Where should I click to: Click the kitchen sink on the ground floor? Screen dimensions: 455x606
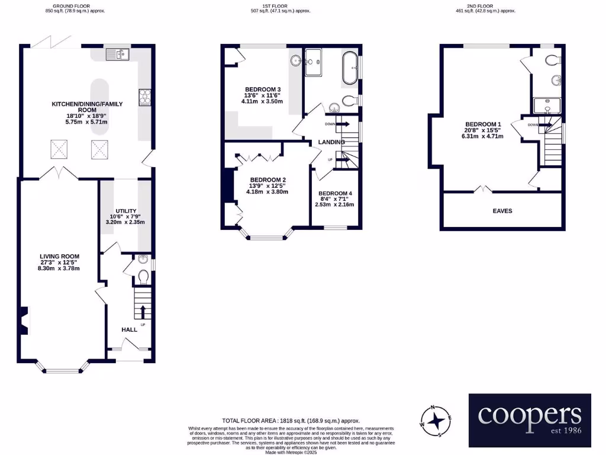pyautogui.click(x=117, y=55)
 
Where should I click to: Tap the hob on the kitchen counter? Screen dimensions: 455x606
pyautogui.click(x=144, y=97)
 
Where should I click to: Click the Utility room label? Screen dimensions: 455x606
pyautogui.click(x=126, y=211)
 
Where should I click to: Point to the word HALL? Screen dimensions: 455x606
pyautogui.click(x=129, y=329)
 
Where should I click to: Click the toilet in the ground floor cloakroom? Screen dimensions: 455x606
pyautogui.click(x=143, y=276)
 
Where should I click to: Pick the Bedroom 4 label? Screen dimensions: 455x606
pyautogui.click(x=335, y=194)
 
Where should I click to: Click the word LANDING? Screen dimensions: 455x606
pyautogui.click(x=331, y=142)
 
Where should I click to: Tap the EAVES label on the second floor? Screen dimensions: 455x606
pyautogui.click(x=502, y=210)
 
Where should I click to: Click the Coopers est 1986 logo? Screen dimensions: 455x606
pyautogui.click(x=530, y=420)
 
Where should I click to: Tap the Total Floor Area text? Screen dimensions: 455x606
pyautogui.click(x=291, y=421)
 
